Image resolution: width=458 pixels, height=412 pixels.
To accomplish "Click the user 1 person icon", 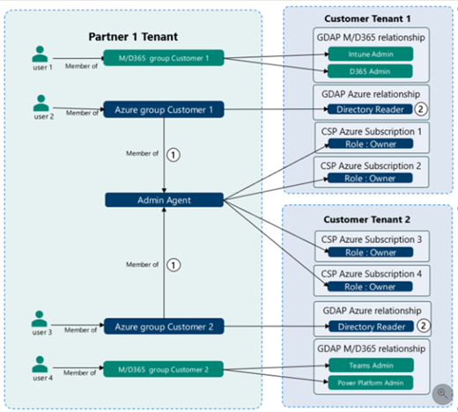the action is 40,54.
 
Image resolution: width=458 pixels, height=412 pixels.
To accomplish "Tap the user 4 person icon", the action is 40,364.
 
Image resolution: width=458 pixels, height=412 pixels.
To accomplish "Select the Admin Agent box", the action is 164,200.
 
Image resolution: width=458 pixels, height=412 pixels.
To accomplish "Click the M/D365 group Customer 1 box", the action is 164,58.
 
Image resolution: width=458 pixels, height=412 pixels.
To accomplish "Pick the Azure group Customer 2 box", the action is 164,327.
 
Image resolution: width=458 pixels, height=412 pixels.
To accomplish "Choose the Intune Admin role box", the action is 371,54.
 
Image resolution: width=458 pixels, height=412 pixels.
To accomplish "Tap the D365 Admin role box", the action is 370,71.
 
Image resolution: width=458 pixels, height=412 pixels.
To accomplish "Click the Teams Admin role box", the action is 371,365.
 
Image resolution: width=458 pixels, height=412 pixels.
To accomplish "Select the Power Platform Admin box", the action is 371,383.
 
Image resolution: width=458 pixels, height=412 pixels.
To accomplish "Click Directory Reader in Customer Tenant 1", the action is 370,109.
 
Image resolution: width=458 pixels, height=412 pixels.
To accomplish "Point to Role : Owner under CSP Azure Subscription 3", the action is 371,253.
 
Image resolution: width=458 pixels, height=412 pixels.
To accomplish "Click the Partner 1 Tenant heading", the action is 133,37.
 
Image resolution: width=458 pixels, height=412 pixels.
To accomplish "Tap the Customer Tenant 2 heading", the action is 366,219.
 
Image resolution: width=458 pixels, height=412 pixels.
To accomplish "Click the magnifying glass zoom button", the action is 442,394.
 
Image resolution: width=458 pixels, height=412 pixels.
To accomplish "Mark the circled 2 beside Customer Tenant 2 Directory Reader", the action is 424,326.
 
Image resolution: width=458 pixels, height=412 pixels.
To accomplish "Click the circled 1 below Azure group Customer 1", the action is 174,155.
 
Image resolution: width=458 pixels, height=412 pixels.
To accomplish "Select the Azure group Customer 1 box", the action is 164,109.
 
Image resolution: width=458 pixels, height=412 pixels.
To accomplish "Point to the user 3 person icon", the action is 40,319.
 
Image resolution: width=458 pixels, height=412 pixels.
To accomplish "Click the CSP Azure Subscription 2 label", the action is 371,166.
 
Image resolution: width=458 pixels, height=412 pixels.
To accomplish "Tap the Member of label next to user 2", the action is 82,113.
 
